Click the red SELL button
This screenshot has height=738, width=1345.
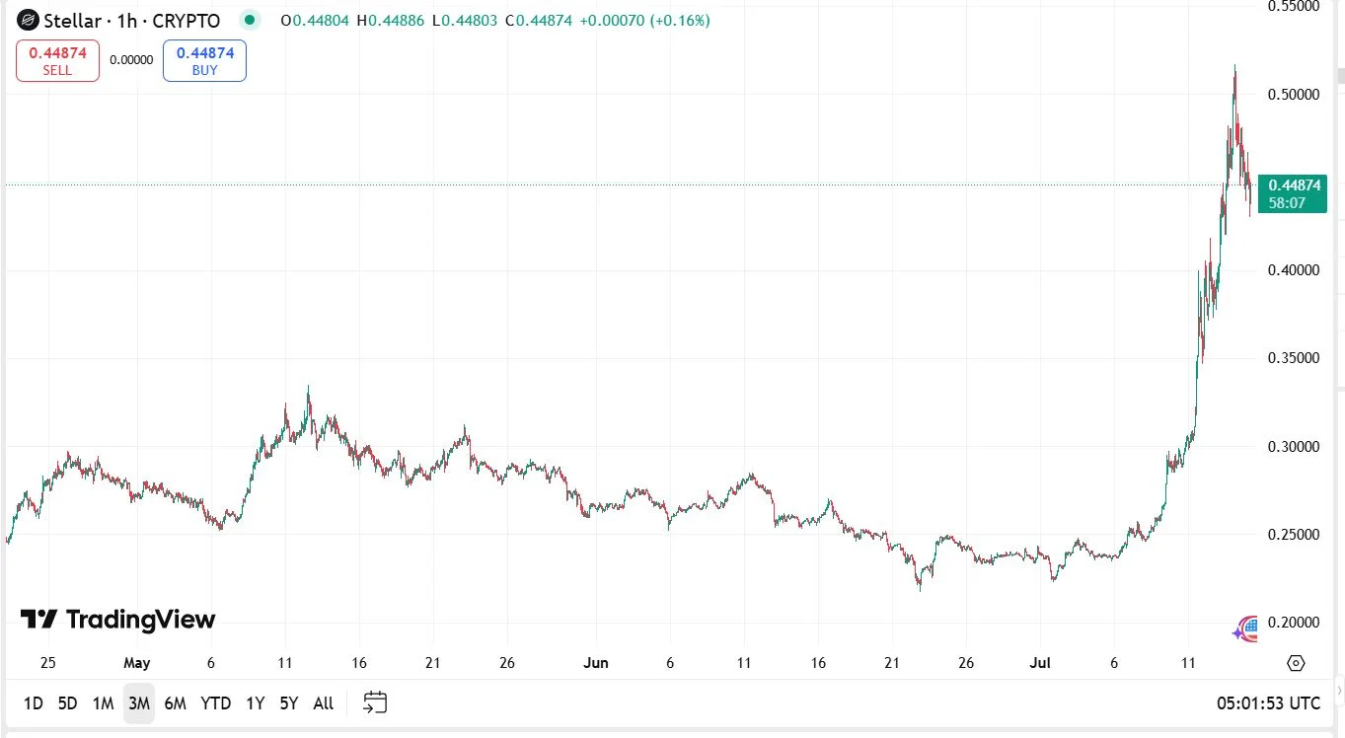(57, 60)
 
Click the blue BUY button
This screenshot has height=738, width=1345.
(204, 60)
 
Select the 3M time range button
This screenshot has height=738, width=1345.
(138, 703)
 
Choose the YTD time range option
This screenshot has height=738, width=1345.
(215, 703)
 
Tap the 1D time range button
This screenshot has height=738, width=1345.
(33, 703)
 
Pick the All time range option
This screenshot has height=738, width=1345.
(323, 703)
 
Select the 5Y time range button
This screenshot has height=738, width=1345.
(288, 703)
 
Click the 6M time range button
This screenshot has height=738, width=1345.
(175, 703)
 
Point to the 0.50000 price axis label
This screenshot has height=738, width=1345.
(1293, 95)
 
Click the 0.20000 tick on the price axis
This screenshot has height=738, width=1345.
(1293, 623)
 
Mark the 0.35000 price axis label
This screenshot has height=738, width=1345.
(1293, 358)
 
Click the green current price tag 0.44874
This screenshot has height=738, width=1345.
(1293, 193)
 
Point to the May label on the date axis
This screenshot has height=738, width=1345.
(137, 663)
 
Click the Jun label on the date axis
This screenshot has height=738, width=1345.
(595, 663)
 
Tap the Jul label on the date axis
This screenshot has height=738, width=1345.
(1040, 663)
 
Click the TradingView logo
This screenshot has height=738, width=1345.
(117, 620)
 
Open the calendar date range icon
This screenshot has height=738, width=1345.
(375, 702)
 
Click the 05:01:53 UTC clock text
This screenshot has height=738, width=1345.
(1268, 703)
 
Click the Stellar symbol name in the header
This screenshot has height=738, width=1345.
(71, 20)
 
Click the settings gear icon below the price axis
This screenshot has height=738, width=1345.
(1296, 663)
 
